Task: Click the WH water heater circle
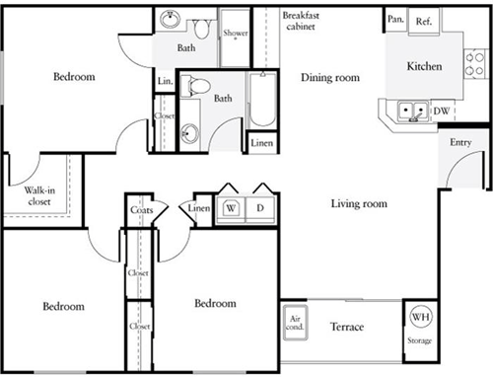pyautogui.click(x=420, y=317)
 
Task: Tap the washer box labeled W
pyautogui.click(x=231, y=208)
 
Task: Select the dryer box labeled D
pyautogui.click(x=261, y=208)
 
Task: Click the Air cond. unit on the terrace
pyautogui.click(x=296, y=324)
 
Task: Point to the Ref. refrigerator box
pyautogui.click(x=424, y=21)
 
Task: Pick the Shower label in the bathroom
pyautogui.click(x=236, y=33)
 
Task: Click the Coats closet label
pyautogui.click(x=139, y=208)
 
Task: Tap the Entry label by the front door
pyautogui.click(x=460, y=143)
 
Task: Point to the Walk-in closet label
pyautogui.click(x=33, y=196)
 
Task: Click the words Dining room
pyautogui.click(x=329, y=77)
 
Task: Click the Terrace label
pyautogui.click(x=347, y=327)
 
